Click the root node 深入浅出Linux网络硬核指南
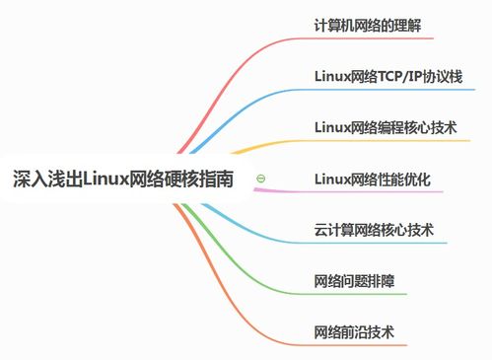pyautogui.click(x=124, y=180)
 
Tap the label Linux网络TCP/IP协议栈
pyautogui.click(x=387, y=75)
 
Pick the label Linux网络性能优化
pyautogui.click(x=372, y=179)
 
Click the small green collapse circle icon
pyautogui.click(x=260, y=179)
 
